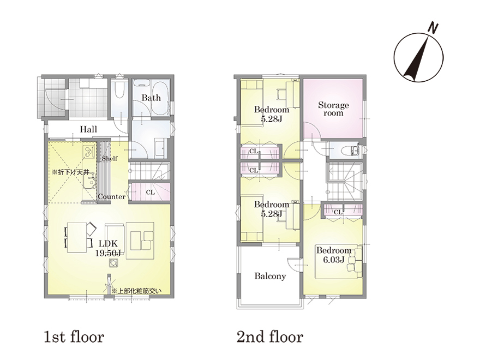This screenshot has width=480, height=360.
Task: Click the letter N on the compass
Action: [x=432, y=28]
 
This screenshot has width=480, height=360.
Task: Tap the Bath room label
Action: [x=151, y=98]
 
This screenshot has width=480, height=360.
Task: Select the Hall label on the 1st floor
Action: [x=88, y=129]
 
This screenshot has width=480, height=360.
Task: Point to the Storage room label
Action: [x=333, y=109]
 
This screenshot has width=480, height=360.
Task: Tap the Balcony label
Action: [x=270, y=276]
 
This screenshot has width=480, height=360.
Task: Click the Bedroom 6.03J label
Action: [x=334, y=255]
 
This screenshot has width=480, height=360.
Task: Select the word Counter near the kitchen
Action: [x=112, y=196]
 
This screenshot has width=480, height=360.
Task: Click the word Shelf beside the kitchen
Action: [x=110, y=158]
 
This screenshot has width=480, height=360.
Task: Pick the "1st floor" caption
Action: [x=74, y=337]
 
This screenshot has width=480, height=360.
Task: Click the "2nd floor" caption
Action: [x=269, y=337]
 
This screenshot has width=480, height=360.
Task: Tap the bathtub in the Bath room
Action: [x=160, y=97]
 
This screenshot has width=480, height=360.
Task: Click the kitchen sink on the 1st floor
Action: [x=89, y=183]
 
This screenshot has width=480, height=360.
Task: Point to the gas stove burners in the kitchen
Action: [x=88, y=152]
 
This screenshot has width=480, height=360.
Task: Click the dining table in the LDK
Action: [x=77, y=237]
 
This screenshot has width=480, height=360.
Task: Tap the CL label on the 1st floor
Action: [x=151, y=192]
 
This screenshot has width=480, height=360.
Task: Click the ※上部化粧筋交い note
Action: [x=136, y=291]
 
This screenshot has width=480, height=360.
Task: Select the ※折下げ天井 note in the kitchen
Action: [x=70, y=172]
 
